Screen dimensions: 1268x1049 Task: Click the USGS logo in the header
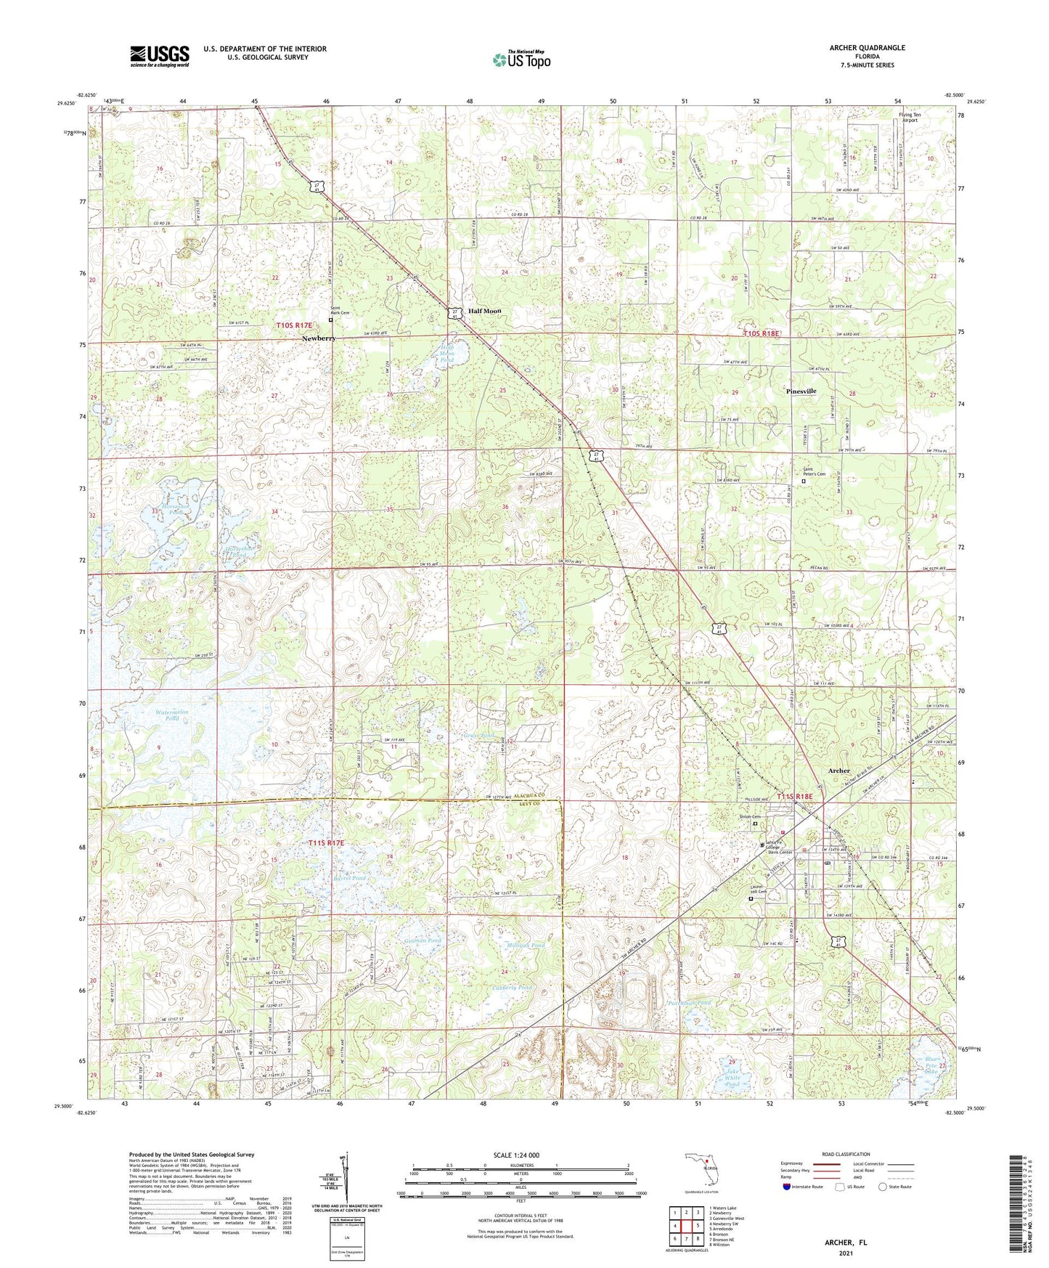(160, 55)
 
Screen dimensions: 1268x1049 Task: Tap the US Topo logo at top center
(521, 60)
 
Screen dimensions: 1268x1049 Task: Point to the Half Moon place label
(484, 311)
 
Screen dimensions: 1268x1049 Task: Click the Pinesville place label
(801, 391)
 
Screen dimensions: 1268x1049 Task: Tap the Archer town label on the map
(839, 771)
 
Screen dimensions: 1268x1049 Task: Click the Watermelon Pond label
(172, 715)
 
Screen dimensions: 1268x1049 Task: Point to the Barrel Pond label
(350, 878)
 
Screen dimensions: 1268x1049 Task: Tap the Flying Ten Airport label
(909, 118)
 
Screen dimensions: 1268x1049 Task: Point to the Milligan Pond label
(525, 945)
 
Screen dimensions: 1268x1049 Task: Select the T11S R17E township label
(326, 842)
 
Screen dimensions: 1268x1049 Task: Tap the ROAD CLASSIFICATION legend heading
(846, 1154)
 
